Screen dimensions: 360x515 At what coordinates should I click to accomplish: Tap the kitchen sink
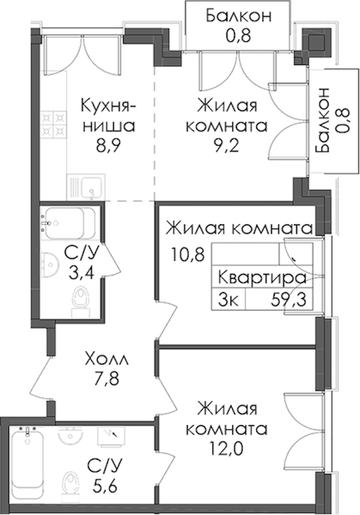tap(86, 187)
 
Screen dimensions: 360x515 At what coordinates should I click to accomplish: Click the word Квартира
tap(262, 279)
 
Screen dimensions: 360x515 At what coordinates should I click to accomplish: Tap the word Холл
tap(107, 359)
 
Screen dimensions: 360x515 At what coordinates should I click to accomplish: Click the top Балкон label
tap(239, 16)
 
